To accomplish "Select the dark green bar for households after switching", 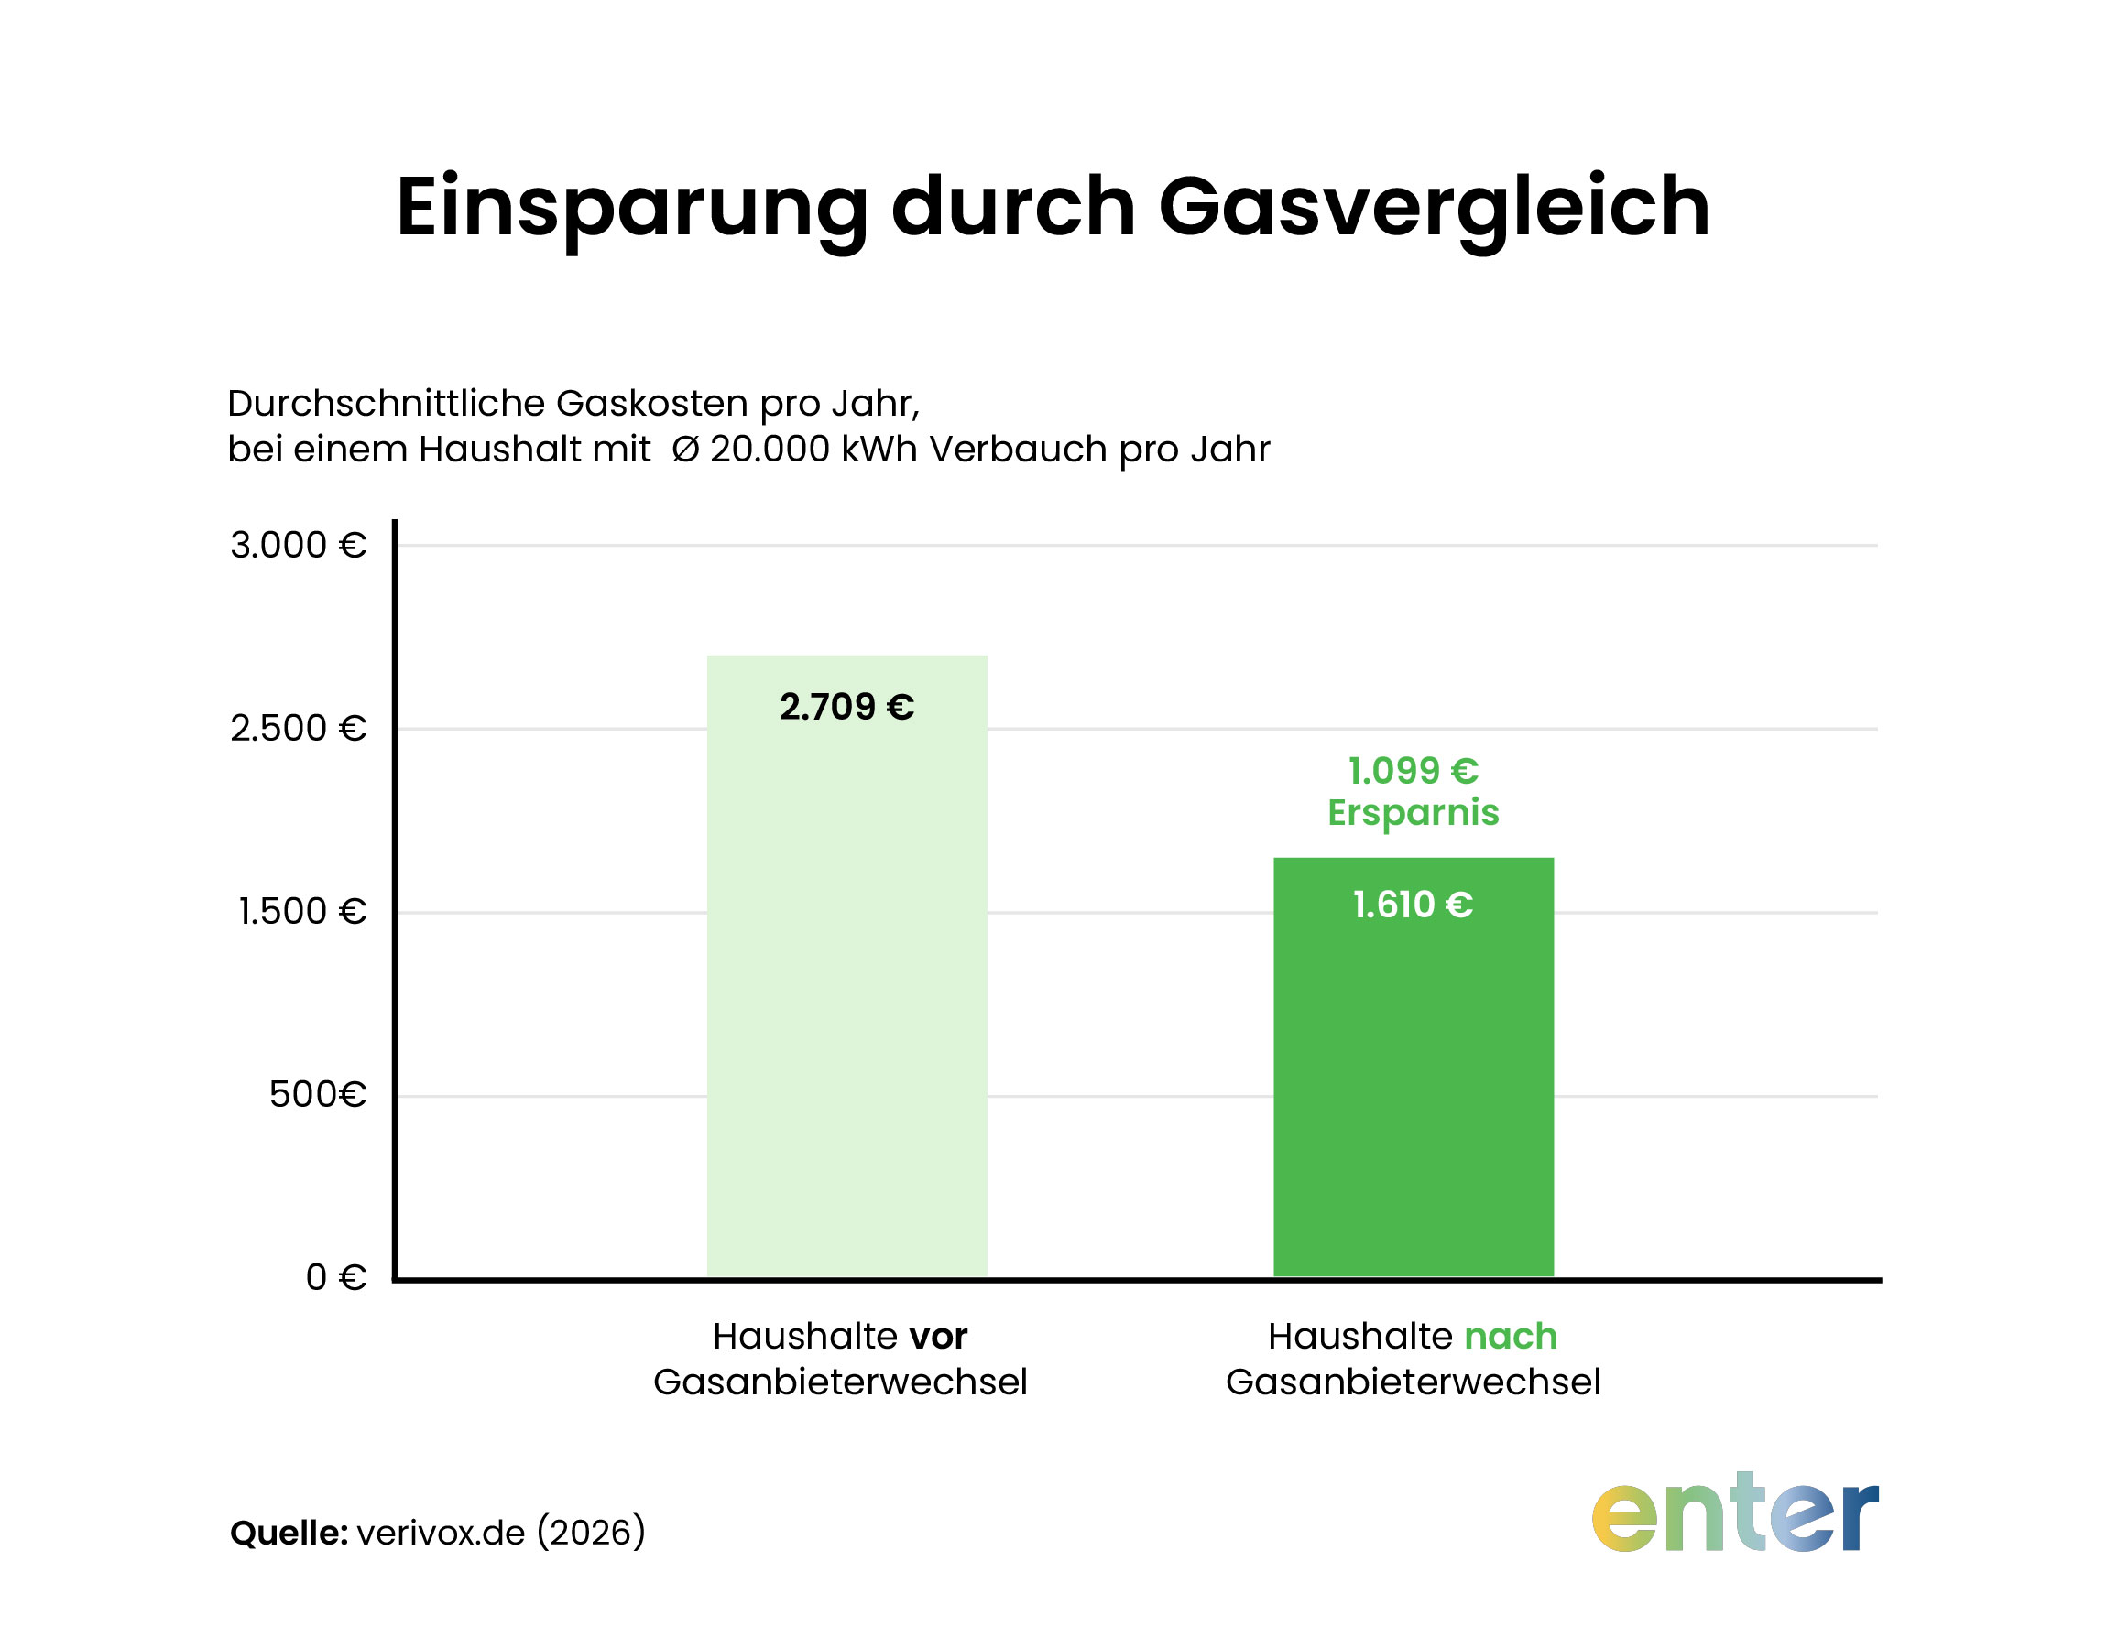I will pos(1413,1090).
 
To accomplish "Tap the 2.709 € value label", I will pos(846,707).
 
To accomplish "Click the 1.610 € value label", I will pos(1412,905).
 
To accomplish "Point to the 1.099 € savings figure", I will pos(1413,771).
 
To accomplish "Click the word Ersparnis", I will pos(1413,812).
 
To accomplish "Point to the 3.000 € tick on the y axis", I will pos(299,545).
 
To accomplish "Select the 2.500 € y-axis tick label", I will pos(299,729).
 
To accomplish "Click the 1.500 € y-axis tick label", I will pos(302,912).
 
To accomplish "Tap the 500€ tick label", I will pos(318,1094).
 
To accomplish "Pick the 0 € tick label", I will pos(336,1277).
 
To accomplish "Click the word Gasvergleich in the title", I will pos(1434,208).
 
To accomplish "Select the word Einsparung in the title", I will pos(632,208).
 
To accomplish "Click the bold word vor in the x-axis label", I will pos(938,1337).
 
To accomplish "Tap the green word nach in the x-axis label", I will pos(1511,1337).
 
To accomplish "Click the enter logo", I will pos(1734,1515).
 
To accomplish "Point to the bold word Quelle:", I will pos(289,1533).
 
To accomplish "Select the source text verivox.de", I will pos(440,1533).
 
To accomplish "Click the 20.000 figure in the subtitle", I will pos(770,450).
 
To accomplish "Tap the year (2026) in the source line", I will pos(591,1533).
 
